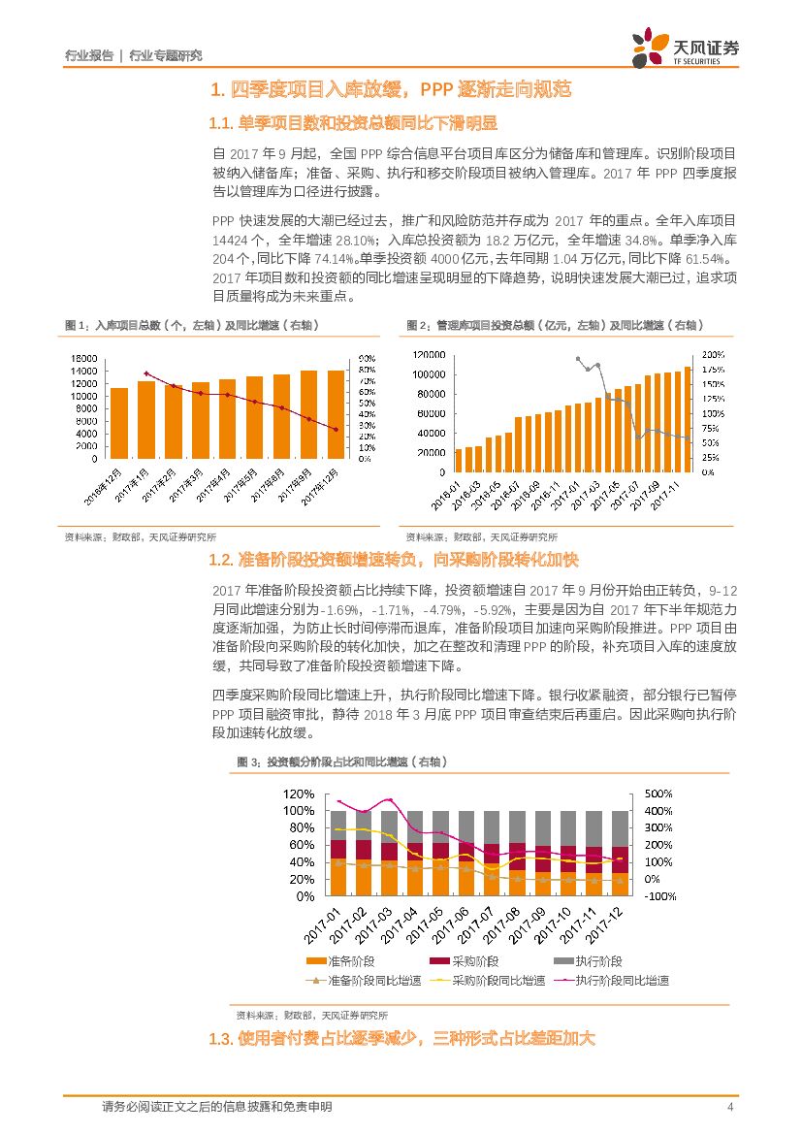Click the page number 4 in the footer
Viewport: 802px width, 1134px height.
[729, 1107]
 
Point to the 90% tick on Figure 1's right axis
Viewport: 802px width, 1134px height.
[367, 358]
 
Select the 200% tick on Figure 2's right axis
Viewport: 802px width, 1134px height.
[712, 354]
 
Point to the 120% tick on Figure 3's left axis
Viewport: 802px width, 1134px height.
[298, 794]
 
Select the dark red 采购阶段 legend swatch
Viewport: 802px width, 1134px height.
[438, 961]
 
